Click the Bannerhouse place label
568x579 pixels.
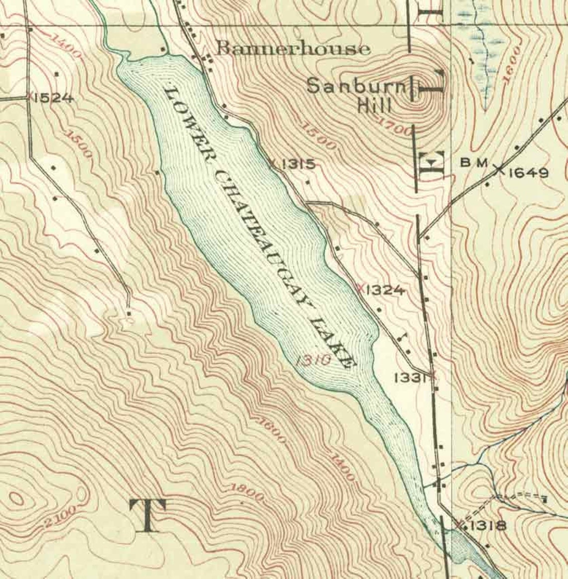pyautogui.click(x=294, y=49)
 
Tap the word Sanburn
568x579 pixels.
pyautogui.click(x=357, y=87)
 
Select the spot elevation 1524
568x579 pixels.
pyautogui.click(x=54, y=98)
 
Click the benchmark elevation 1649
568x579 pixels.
pyautogui.click(x=529, y=173)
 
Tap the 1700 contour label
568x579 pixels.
pyautogui.click(x=396, y=127)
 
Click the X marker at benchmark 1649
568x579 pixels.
pyautogui.click(x=498, y=169)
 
